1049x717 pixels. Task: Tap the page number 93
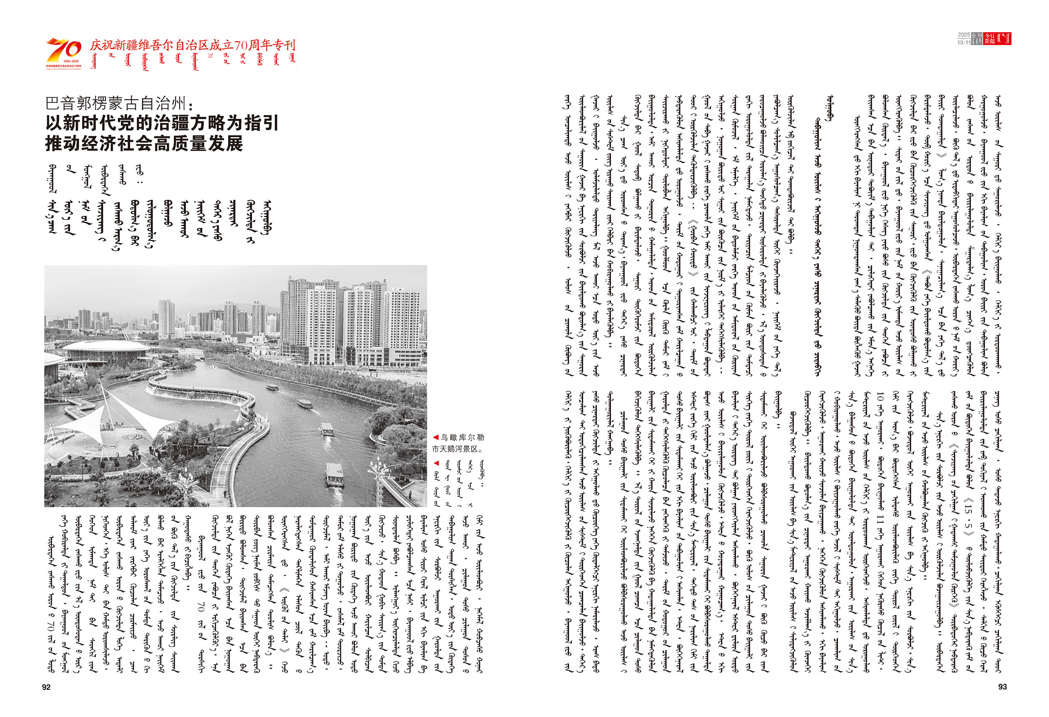[1002, 687]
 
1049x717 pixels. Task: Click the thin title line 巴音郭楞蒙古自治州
[116, 103]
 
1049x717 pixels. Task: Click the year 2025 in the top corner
[964, 35]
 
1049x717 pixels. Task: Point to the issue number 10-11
[964, 42]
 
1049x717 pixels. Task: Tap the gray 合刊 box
[976, 38]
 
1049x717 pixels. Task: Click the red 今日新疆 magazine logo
[998, 38]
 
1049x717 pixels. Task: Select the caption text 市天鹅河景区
[457, 449]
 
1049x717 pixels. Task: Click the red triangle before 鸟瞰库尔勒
[436, 437]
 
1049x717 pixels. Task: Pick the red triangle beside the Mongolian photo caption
[436, 463]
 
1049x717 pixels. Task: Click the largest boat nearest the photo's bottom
[334, 474]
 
